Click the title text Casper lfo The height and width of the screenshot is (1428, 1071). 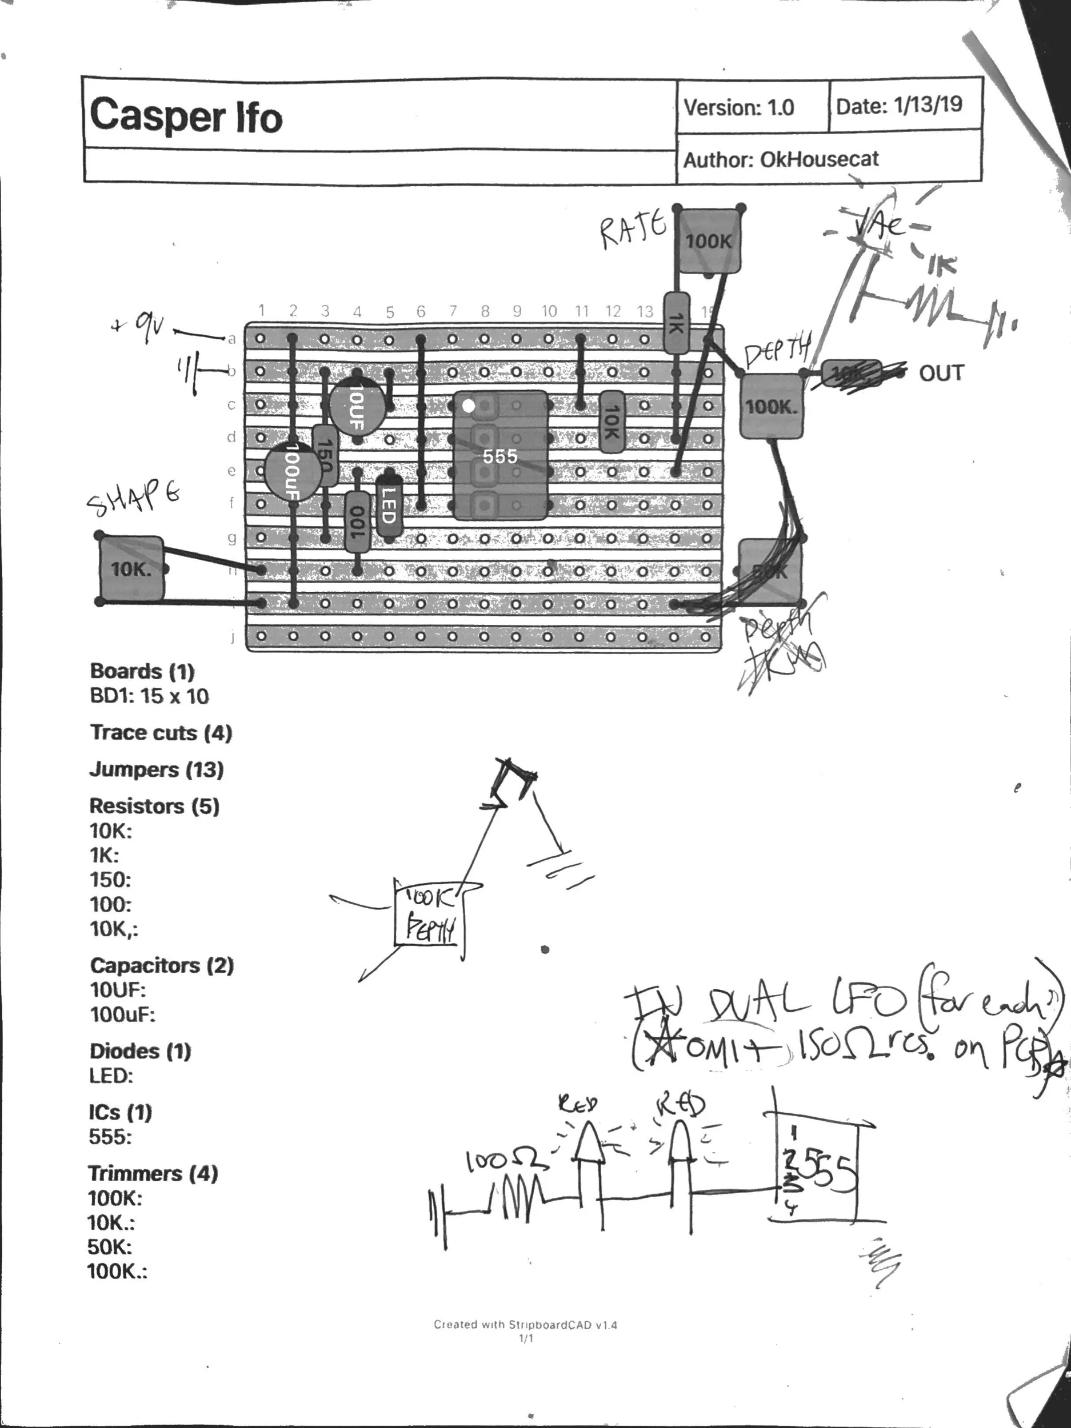[186, 116]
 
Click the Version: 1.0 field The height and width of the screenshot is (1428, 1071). [738, 107]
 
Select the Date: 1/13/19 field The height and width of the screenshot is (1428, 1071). [898, 105]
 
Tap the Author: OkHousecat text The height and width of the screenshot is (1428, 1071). [780, 159]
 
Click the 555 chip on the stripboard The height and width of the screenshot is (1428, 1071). [500, 456]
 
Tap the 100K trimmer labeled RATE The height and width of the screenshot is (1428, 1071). [708, 241]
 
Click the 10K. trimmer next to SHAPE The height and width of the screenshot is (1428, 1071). [131, 569]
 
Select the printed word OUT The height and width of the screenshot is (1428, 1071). [941, 373]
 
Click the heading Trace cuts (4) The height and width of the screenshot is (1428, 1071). [161, 733]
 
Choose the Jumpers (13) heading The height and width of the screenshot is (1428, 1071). [157, 769]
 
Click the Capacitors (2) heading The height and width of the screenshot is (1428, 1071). [162, 966]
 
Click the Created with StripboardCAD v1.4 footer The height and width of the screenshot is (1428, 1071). [525, 1325]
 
